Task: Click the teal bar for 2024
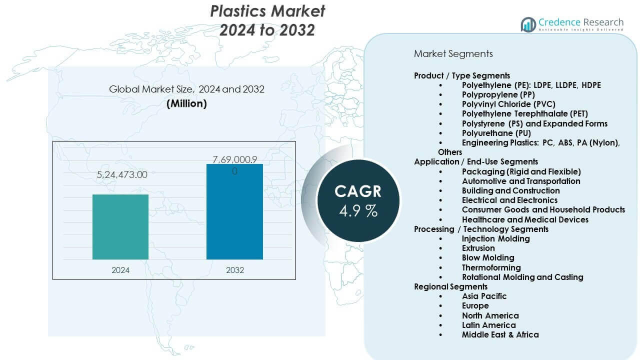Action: pyautogui.click(x=120, y=226)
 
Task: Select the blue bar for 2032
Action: pyautogui.click(x=234, y=211)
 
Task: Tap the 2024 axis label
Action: pyautogui.click(x=120, y=270)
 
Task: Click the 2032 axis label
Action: pyautogui.click(x=235, y=270)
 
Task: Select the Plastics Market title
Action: pyautogui.click(x=267, y=20)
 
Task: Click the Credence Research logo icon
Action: pyautogui.click(x=528, y=24)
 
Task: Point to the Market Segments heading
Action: pyautogui.click(x=453, y=53)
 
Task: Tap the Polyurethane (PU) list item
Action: pyautogui.click(x=496, y=133)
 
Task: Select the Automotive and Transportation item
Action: pyautogui.click(x=521, y=181)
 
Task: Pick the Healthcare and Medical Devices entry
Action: pyautogui.click(x=525, y=219)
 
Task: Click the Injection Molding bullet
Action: pyautogui.click(x=495, y=238)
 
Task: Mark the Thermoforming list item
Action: pyautogui.click(x=491, y=267)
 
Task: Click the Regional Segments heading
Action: pyautogui.click(x=450, y=286)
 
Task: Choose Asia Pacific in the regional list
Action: pyautogui.click(x=484, y=296)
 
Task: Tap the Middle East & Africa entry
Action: pyautogui.click(x=500, y=334)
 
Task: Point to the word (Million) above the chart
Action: pyautogui.click(x=186, y=103)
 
